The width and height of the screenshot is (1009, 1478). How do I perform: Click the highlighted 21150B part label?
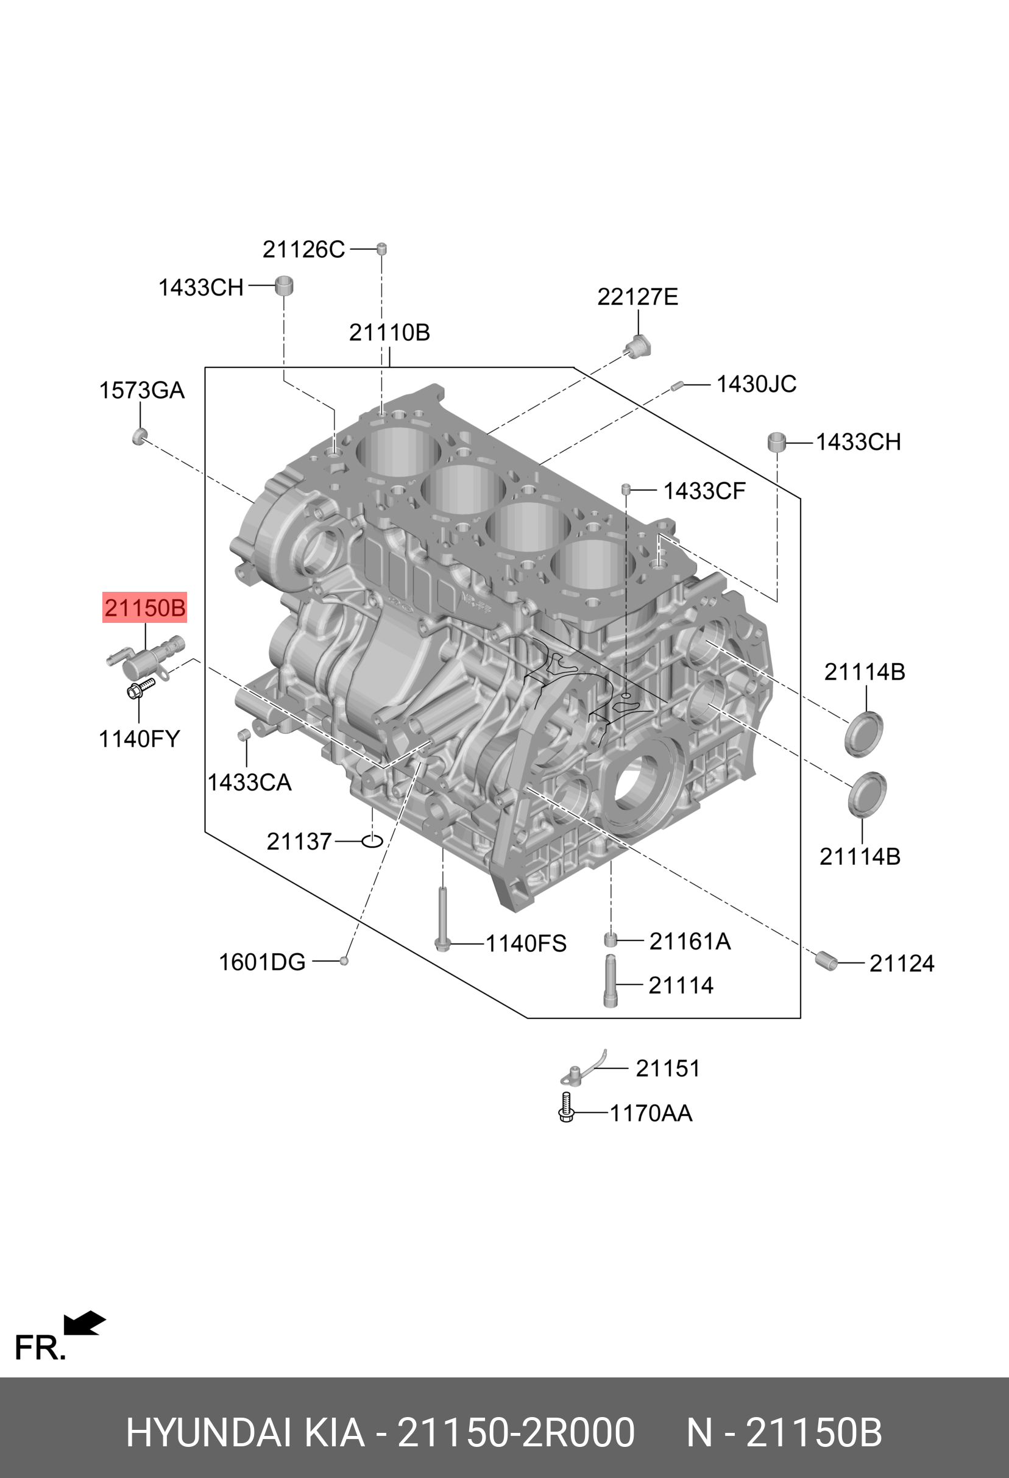click(145, 608)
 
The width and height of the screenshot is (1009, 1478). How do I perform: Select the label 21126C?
click(303, 249)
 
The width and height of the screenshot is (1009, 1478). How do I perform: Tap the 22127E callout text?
click(637, 296)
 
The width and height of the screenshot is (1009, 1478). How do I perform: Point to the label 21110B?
click(389, 332)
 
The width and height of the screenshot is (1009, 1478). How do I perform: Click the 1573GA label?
click(141, 390)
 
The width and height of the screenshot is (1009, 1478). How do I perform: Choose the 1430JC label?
click(756, 384)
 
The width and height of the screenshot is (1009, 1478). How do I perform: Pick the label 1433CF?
click(704, 491)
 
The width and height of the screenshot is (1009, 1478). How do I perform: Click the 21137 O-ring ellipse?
click(372, 841)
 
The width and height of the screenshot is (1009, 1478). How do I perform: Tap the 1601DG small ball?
click(344, 961)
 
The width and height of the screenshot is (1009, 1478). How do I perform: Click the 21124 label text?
click(902, 964)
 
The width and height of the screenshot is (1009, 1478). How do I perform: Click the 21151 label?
click(668, 1068)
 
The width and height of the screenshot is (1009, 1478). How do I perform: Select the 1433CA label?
click(249, 782)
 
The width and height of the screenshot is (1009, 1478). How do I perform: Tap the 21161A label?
click(690, 941)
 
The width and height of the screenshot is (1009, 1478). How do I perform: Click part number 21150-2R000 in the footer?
click(515, 1433)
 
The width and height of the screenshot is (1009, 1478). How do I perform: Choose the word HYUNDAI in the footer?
click(209, 1433)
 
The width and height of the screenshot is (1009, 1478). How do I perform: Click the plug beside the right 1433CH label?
click(776, 441)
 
